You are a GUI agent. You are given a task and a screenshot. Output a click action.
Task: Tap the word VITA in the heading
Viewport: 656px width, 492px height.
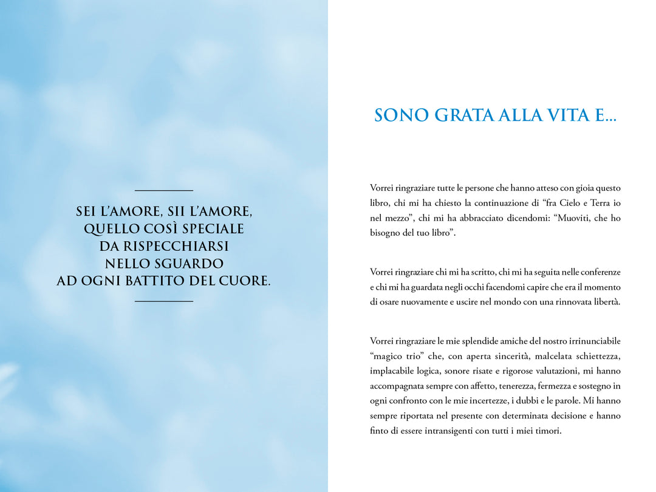561,115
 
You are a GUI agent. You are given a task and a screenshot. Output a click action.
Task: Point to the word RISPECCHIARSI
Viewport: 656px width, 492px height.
164,246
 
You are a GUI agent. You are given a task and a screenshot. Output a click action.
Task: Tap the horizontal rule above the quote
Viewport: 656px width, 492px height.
164,191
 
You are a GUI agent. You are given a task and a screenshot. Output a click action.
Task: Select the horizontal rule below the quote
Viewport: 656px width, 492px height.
164,301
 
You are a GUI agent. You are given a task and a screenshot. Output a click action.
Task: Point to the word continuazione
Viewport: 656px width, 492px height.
489,203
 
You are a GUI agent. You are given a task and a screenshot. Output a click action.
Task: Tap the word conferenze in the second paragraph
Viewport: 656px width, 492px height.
598,272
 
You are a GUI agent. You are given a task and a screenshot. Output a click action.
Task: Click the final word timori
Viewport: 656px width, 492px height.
548,431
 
